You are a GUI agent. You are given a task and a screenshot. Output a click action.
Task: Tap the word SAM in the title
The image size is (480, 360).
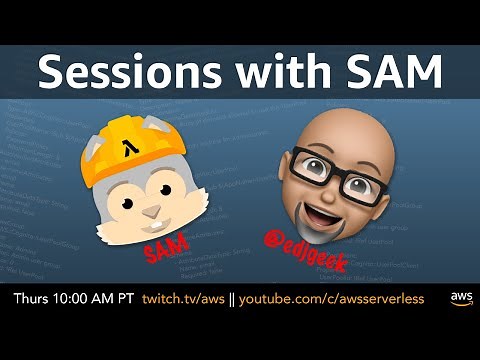(391, 73)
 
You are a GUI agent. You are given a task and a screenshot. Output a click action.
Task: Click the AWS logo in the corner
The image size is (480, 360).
(460, 299)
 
